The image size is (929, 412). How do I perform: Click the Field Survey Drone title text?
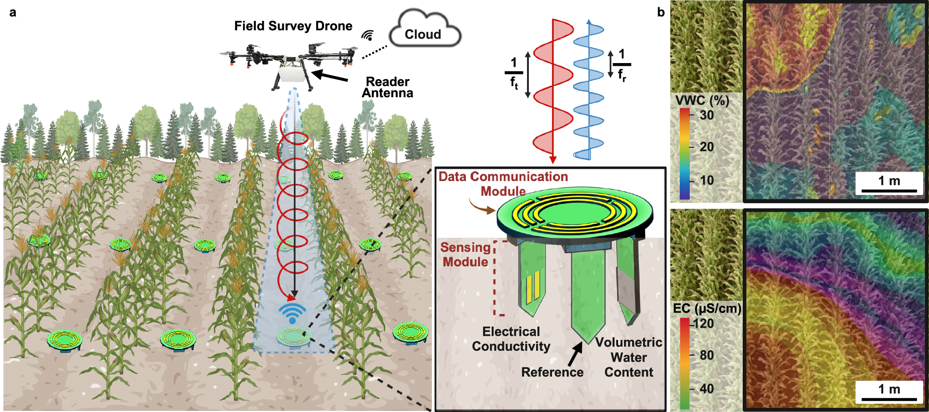tap(293, 26)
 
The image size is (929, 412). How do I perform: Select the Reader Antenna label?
tap(387, 87)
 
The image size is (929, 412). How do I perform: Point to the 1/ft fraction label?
tap(513, 74)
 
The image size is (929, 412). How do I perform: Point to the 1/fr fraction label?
tap(622, 65)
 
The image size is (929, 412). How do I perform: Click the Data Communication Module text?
tap(503, 183)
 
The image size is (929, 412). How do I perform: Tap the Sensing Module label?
tap(465, 255)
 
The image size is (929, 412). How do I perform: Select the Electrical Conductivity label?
tap(511, 339)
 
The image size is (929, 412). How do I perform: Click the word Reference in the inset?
tap(552, 372)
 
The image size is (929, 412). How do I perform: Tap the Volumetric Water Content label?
tap(629, 357)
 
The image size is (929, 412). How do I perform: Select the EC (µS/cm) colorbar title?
tap(706, 309)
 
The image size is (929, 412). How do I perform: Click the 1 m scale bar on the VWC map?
tap(889, 184)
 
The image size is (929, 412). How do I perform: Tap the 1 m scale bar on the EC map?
tap(889, 392)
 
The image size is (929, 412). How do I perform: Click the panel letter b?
tap(661, 12)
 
